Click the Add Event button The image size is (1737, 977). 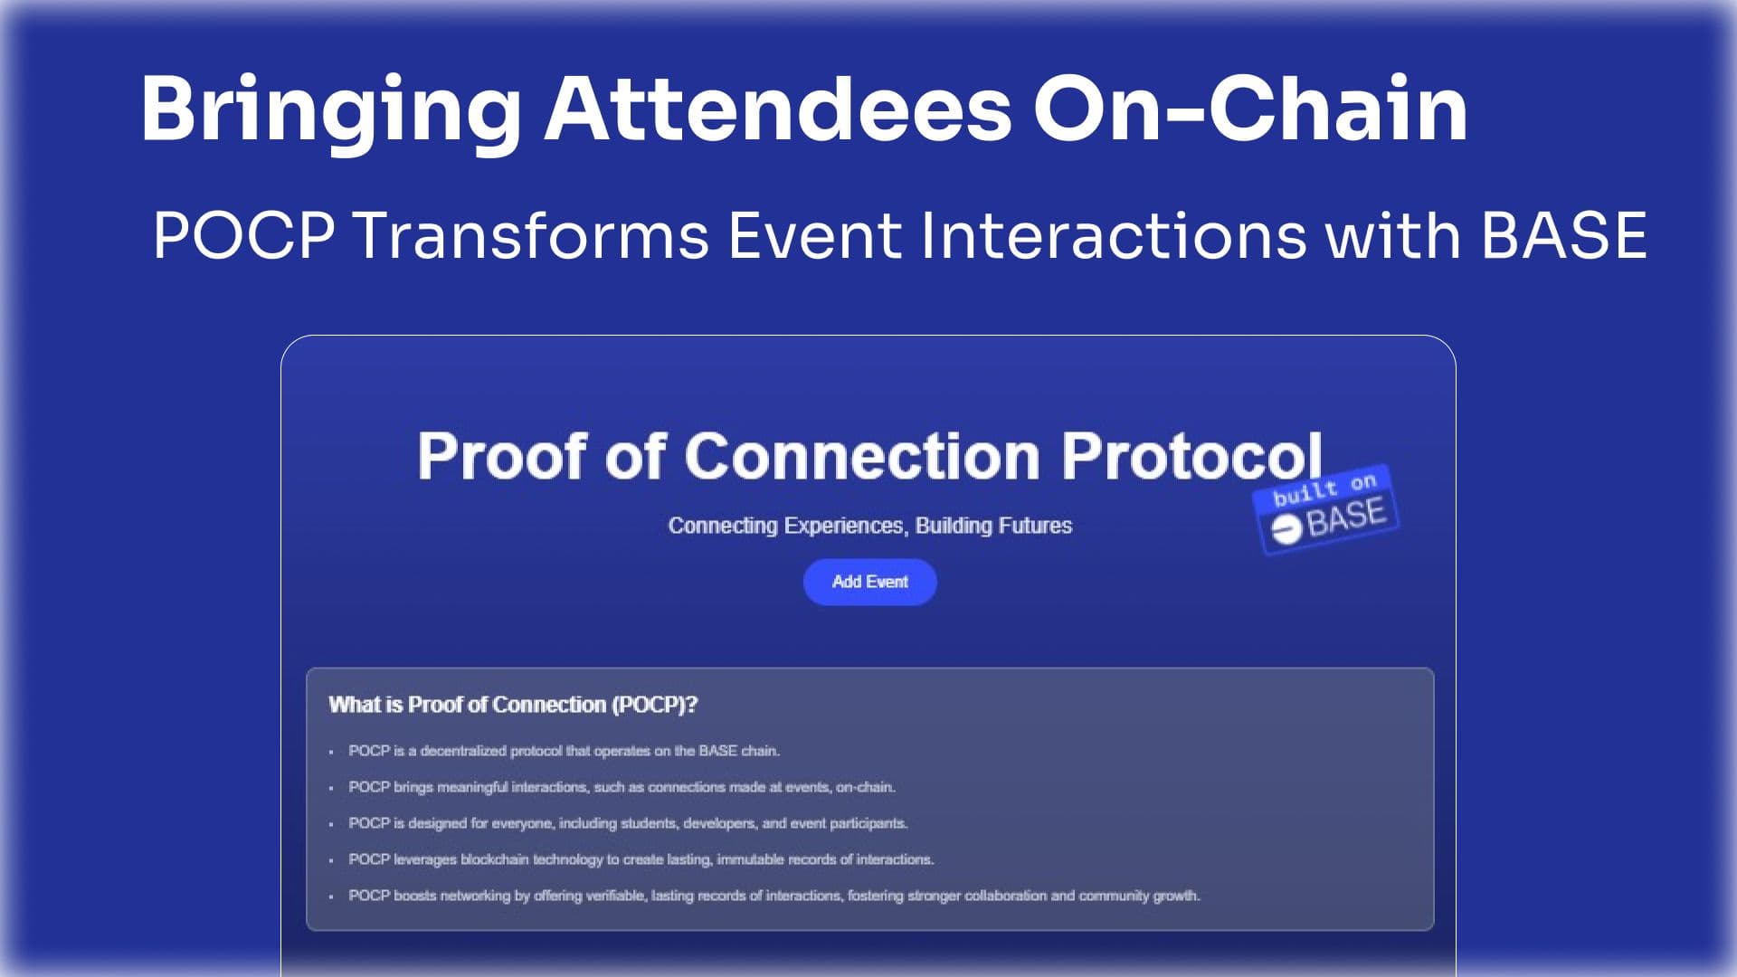869,582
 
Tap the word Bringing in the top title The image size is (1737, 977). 329,110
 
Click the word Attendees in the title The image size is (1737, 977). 776,109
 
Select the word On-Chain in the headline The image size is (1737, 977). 1250,109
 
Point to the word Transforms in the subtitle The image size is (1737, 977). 530,235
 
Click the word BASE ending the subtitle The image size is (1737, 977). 1564,235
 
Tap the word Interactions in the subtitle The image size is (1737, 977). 1113,235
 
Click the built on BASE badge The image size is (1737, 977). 1326,509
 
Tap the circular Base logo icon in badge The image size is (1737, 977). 1286,529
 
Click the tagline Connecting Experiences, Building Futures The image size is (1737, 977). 869,526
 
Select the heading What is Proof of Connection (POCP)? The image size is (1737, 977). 513,705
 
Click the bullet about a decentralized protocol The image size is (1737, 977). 564,751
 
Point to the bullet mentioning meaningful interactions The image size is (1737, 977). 622,787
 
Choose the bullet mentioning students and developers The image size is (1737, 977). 628,823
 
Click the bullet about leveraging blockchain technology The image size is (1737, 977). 641,859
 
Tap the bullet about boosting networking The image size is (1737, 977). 774,896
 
